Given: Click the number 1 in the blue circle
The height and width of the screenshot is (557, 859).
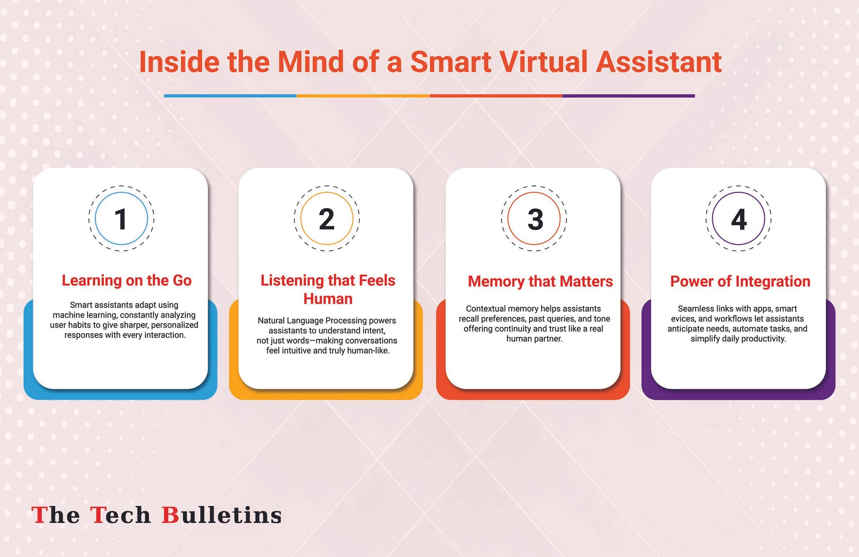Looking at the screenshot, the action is click(x=120, y=219).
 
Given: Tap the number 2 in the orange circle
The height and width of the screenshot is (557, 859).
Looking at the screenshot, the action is click(x=327, y=219).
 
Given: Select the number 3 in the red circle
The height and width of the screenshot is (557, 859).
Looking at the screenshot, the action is click(x=535, y=219).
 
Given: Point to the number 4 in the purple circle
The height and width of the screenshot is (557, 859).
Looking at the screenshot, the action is click(x=739, y=219).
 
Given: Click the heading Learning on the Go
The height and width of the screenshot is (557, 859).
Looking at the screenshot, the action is click(x=127, y=280).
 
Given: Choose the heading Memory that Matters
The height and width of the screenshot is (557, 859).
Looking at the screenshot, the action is click(x=540, y=281).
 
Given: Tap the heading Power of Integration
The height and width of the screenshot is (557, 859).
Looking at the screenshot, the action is click(x=740, y=281).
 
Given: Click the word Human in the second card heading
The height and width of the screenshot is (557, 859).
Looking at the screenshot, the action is click(x=328, y=299).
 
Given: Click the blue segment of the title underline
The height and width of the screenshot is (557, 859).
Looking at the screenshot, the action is click(x=230, y=96).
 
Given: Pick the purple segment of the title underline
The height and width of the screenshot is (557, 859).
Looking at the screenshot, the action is click(x=629, y=96).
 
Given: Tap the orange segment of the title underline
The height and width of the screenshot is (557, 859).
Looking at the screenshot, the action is click(x=363, y=96).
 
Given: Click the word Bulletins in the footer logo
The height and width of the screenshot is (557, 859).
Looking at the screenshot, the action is click(x=221, y=515).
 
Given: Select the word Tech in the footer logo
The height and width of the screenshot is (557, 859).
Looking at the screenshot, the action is click(x=120, y=515).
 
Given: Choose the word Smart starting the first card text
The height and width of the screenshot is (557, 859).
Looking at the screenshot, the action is click(x=81, y=305).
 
